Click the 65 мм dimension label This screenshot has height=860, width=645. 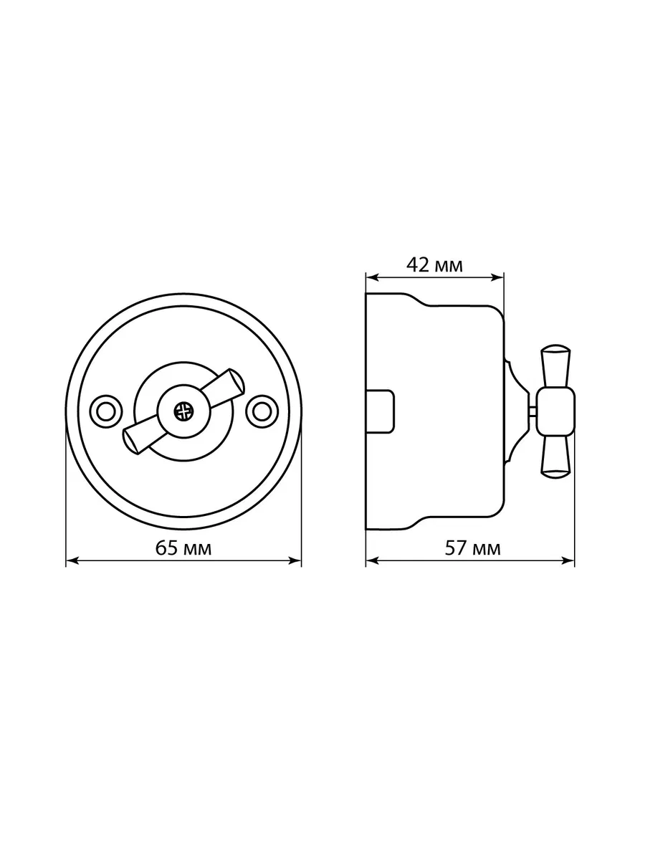pyautogui.click(x=183, y=548)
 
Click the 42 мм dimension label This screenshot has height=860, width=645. pyautogui.click(x=435, y=265)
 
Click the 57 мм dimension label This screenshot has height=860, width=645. pyautogui.click(x=473, y=548)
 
